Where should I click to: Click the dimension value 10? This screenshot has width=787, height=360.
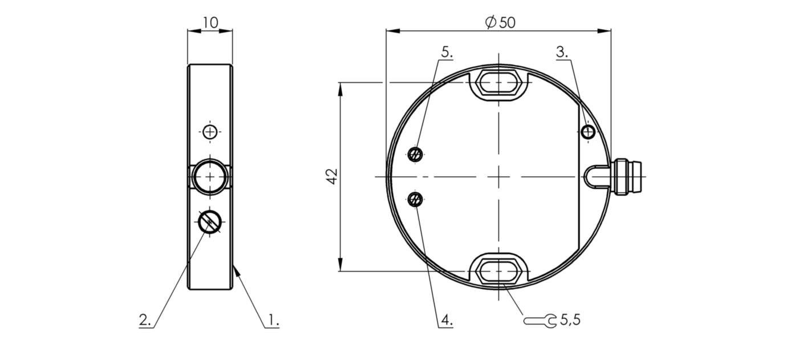(x=210, y=22)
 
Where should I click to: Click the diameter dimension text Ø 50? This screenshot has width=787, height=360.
(x=500, y=22)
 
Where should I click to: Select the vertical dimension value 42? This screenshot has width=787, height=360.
(x=333, y=176)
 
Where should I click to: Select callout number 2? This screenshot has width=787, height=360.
(x=145, y=320)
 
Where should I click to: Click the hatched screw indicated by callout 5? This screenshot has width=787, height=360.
(x=416, y=153)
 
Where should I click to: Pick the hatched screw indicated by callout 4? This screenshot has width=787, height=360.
(x=416, y=200)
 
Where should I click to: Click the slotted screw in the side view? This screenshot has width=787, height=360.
(x=210, y=222)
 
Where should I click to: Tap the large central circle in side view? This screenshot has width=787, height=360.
(x=210, y=177)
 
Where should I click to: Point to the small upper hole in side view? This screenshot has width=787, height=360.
(x=210, y=132)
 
